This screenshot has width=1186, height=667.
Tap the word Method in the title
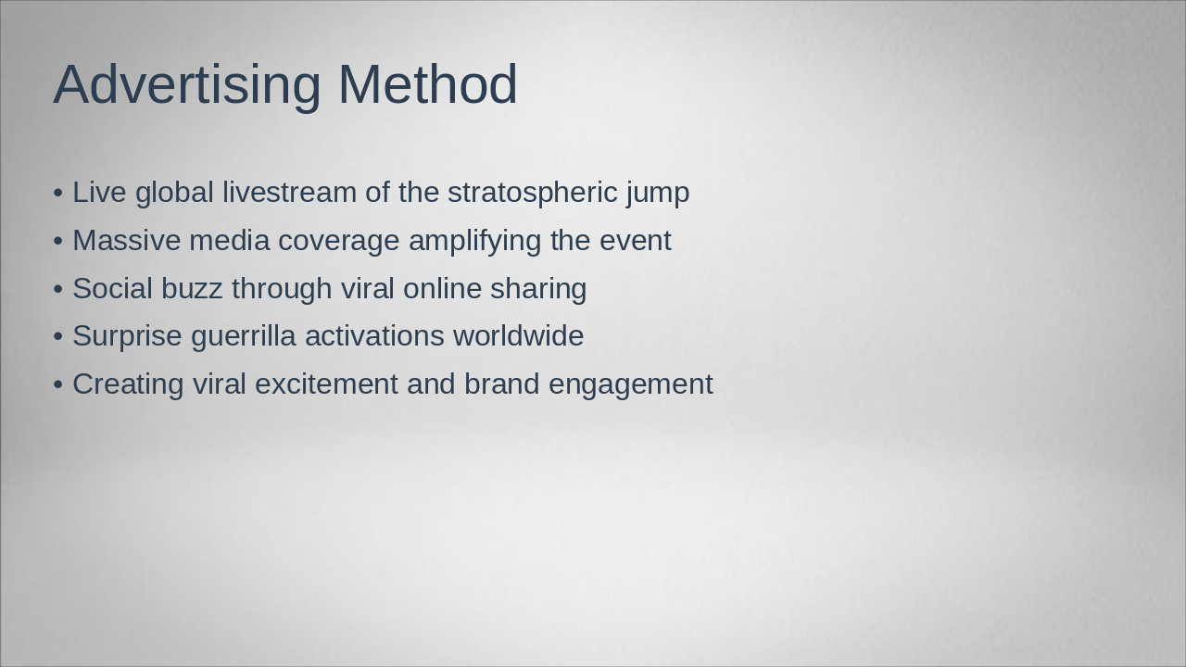(x=427, y=85)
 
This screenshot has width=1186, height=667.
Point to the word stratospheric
(x=532, y=193)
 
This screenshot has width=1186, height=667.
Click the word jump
(x=658, y=193)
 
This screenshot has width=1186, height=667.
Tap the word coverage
(x=338, y=241)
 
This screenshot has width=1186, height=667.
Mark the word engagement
(x=630, y=384)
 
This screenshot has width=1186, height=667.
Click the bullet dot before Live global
(x=58, y=193)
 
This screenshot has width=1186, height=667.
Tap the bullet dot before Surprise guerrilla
(x=58, y=336)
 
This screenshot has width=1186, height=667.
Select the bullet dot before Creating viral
(x=58, y=384)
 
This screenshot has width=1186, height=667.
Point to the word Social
(x=112, y=289)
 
